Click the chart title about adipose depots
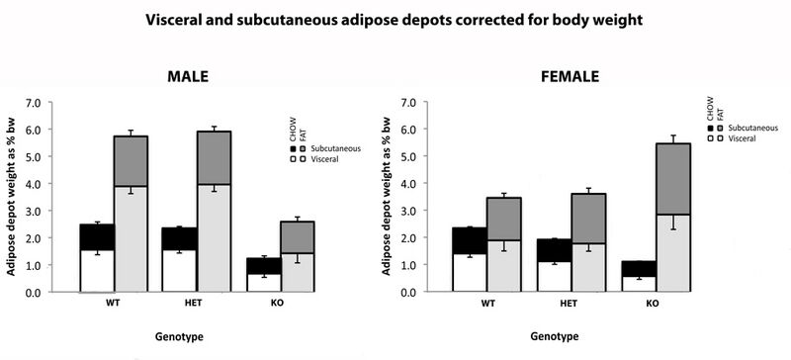[395, 19]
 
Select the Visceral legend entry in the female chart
[733, 138]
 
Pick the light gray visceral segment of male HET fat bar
[214, 237]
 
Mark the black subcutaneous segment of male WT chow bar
[97, 236]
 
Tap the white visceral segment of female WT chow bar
[469, 273]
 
